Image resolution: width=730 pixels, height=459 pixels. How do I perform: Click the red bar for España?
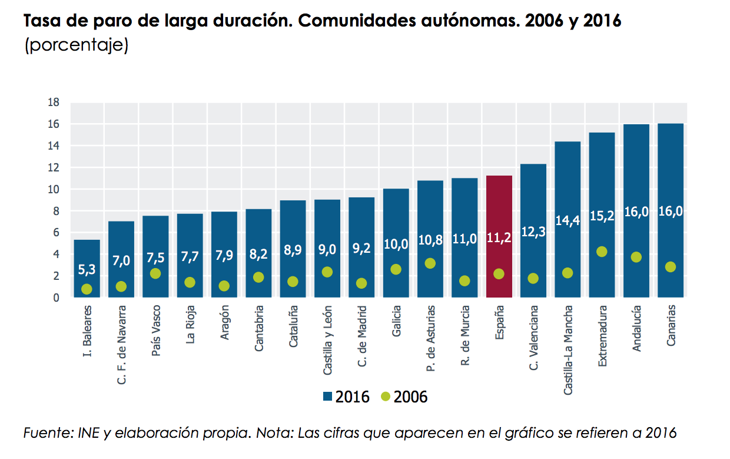click(x=499, y=236)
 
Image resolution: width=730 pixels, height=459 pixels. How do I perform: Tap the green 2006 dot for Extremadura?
click(x=602, y=252)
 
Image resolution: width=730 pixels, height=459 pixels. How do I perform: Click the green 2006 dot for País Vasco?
click(x=155, y=273)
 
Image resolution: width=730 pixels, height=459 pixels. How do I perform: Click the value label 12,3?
click(x=533, y=232)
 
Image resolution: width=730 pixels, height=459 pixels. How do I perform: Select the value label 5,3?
click(x=87, y=270)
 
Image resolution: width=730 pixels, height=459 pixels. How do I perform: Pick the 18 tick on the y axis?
click(x=54, y=103)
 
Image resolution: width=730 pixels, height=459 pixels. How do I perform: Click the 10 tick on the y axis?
click(x=54, y=189)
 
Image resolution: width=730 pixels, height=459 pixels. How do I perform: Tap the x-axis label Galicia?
click(x=396, y=321)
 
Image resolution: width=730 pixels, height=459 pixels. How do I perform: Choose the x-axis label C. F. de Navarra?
click(x=122, y=345)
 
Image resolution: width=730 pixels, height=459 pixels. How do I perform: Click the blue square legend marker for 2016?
click(x=328, y=397)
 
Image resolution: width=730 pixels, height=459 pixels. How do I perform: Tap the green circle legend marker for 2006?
click(x=386, y=397)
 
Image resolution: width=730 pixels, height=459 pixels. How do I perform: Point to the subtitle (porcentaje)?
click(x=76, y=45)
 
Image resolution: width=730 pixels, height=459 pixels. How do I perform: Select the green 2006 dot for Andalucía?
click(x=636, y=257)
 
